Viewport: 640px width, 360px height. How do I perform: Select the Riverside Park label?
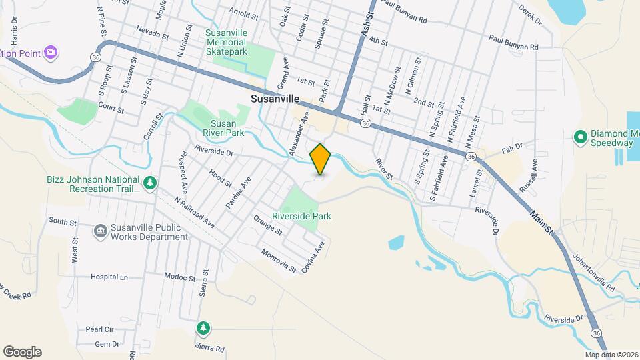(301, 216)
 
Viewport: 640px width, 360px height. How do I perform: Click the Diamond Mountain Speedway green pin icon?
(580, 137)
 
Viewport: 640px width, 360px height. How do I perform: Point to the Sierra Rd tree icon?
(203, 328)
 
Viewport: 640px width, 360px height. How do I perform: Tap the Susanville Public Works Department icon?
(100, 230)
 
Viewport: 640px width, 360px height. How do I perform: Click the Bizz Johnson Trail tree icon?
(151, 182)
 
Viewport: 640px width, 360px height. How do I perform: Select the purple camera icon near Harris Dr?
(50, 52)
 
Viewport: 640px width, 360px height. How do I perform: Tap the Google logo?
(22, 352)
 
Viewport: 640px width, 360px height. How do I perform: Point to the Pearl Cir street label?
(100, 329)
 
